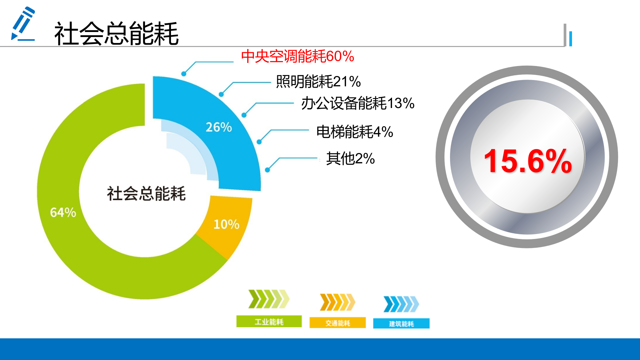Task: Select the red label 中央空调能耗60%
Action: click(297, 56)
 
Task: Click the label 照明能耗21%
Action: click(318, 82)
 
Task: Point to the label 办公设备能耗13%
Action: click(358, 103)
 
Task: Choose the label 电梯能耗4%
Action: click(355, 132)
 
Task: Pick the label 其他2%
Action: click(350, 158)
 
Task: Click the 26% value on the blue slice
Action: click(219, 127)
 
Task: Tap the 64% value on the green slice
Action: click(63, 212)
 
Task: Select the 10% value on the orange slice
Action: click(226, 224)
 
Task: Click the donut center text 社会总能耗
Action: click(146, 194)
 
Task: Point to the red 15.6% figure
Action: click(528, 161)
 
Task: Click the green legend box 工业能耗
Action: click(269, 322)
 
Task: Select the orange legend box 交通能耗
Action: click(338, 323)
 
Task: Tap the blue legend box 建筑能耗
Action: click(401, 324)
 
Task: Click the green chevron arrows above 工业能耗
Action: click(269, 299)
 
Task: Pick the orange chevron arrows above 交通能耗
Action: click(337, 302)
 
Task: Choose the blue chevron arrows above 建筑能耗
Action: click(401, 304)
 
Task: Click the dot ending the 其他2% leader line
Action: click(267, 170)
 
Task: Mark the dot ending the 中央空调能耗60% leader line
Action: click(184, 74)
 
